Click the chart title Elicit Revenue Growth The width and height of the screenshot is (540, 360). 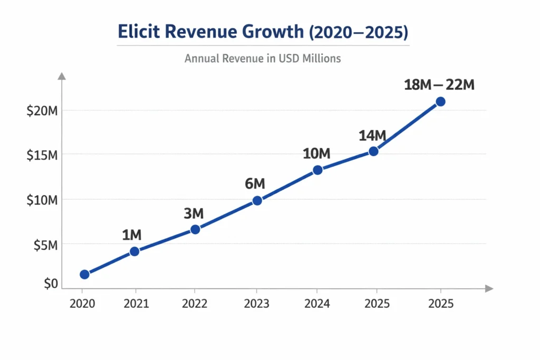tap(263, 32)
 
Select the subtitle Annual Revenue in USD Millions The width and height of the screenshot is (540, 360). tap(263, 59)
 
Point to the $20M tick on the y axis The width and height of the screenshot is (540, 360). tap(42, 111)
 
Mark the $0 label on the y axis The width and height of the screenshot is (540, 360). tap(51, 284)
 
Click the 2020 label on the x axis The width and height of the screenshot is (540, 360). tap(82, 304)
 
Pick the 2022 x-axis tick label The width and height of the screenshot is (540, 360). tap(195, 304)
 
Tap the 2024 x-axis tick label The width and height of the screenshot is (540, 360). tap(317, 304)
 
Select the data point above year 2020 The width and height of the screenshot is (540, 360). tap(84, 274)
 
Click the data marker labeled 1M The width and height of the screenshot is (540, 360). tap(134, 251)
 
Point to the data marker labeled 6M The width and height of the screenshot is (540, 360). tap(257, 200)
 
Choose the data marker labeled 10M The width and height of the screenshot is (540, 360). tap(317, 170)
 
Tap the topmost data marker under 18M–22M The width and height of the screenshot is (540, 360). tap(440, 101)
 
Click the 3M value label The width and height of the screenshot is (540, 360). tap(193, 213)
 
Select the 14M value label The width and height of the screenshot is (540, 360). tap(372, 135)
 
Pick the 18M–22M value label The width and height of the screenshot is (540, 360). tap(439, 84)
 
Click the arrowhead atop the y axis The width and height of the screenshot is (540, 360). tap(62, 76)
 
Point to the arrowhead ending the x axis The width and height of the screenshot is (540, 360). tap(489, 288)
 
